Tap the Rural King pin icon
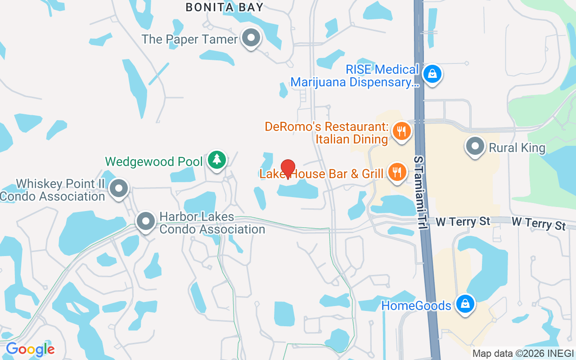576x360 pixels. pos(475,147)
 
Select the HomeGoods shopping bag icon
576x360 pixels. pos(465,304)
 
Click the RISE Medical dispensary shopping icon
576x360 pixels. pos(432,74)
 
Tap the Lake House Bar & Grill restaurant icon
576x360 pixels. pos(397,172)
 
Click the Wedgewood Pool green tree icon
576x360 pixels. pos(217,160)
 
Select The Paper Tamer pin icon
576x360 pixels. pos(251,38)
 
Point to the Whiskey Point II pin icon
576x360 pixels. pos(119,189)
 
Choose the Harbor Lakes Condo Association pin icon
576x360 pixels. pos(146,221)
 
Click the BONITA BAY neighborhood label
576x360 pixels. pos(225,7)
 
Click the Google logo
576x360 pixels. pos(30,349)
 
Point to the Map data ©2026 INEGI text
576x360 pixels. pos(523,354)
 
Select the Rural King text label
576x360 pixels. pos(517,148)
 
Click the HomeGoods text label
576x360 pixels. pos(416,306)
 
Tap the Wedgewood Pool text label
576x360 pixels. pos(154,161)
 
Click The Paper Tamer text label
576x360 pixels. pos(189,39)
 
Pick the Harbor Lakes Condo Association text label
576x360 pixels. pos(212,223)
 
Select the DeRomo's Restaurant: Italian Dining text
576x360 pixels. pos(326,133)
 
